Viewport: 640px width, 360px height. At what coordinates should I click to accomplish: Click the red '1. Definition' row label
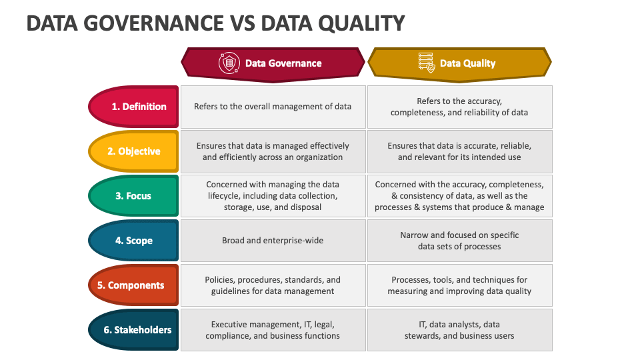click(x=133, y=107)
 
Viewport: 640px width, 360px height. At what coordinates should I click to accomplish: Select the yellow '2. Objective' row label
click(x=133, y=151)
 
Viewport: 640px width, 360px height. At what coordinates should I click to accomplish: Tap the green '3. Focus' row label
click(x=133, y=196)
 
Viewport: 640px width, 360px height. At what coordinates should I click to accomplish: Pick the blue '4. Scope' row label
click(x=133, y=241)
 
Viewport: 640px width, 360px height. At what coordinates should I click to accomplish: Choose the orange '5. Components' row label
click(x=133, y=285)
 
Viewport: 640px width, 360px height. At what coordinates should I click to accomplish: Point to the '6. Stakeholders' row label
click(x=133, y=330)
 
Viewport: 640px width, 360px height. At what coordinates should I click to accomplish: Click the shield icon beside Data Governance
click(x=229, y=63)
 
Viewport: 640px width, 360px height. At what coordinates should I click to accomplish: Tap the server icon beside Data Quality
click(x=427, y=63)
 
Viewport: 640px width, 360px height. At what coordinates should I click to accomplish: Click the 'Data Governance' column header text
click(x=283, y=63)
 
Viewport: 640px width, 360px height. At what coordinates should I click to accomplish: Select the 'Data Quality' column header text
click(x=468, y=63)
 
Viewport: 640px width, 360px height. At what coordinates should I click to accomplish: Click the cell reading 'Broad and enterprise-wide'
click(x=273, y=241)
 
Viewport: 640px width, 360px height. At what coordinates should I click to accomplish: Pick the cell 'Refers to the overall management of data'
click(x=273, y=107)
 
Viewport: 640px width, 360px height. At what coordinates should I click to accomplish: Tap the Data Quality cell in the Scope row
click(x=459, y=241)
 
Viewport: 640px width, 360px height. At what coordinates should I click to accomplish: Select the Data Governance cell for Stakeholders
click(x=273, y=330)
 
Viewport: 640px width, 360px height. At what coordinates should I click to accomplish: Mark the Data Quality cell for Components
click(x=459, y=285)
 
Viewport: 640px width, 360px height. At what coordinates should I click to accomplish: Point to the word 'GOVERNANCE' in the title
click(x=153, y=23)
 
